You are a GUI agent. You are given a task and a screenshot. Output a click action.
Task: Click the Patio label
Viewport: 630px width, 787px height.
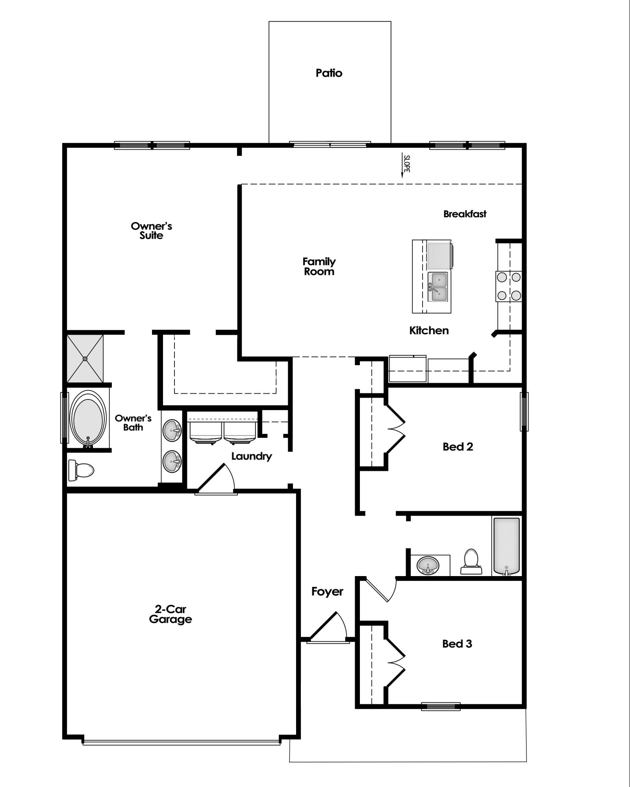(329, 73)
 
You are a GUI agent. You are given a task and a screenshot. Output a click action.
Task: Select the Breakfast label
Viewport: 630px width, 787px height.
(465, 214)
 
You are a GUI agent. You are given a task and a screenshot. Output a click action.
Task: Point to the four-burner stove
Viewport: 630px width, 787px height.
(509, 286)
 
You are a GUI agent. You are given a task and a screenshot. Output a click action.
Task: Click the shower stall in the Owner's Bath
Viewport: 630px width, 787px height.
(85, 358)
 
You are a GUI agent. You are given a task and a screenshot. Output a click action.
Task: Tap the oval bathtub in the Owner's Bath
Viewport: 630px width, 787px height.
(88, 419)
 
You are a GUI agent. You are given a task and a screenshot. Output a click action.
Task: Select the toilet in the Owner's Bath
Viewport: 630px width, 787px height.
(81, 470)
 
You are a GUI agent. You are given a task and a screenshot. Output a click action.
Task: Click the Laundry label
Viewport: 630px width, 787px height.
(251, 456)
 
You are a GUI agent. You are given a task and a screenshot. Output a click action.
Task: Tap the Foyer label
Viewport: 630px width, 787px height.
(327, 591)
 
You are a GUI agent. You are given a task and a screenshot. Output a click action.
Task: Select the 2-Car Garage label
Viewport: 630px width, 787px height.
(170, 614)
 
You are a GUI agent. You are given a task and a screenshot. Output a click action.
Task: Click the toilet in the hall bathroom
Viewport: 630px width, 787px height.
(471, 561)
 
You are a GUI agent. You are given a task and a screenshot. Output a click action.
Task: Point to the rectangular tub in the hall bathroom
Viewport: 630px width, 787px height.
(506, 546)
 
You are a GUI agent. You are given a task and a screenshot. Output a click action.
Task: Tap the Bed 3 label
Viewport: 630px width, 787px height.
(457, 644)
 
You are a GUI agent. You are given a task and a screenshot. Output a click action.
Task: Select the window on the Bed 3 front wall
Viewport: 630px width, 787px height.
(441, 706)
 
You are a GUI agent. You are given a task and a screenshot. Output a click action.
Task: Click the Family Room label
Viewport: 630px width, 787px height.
(319, 266)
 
